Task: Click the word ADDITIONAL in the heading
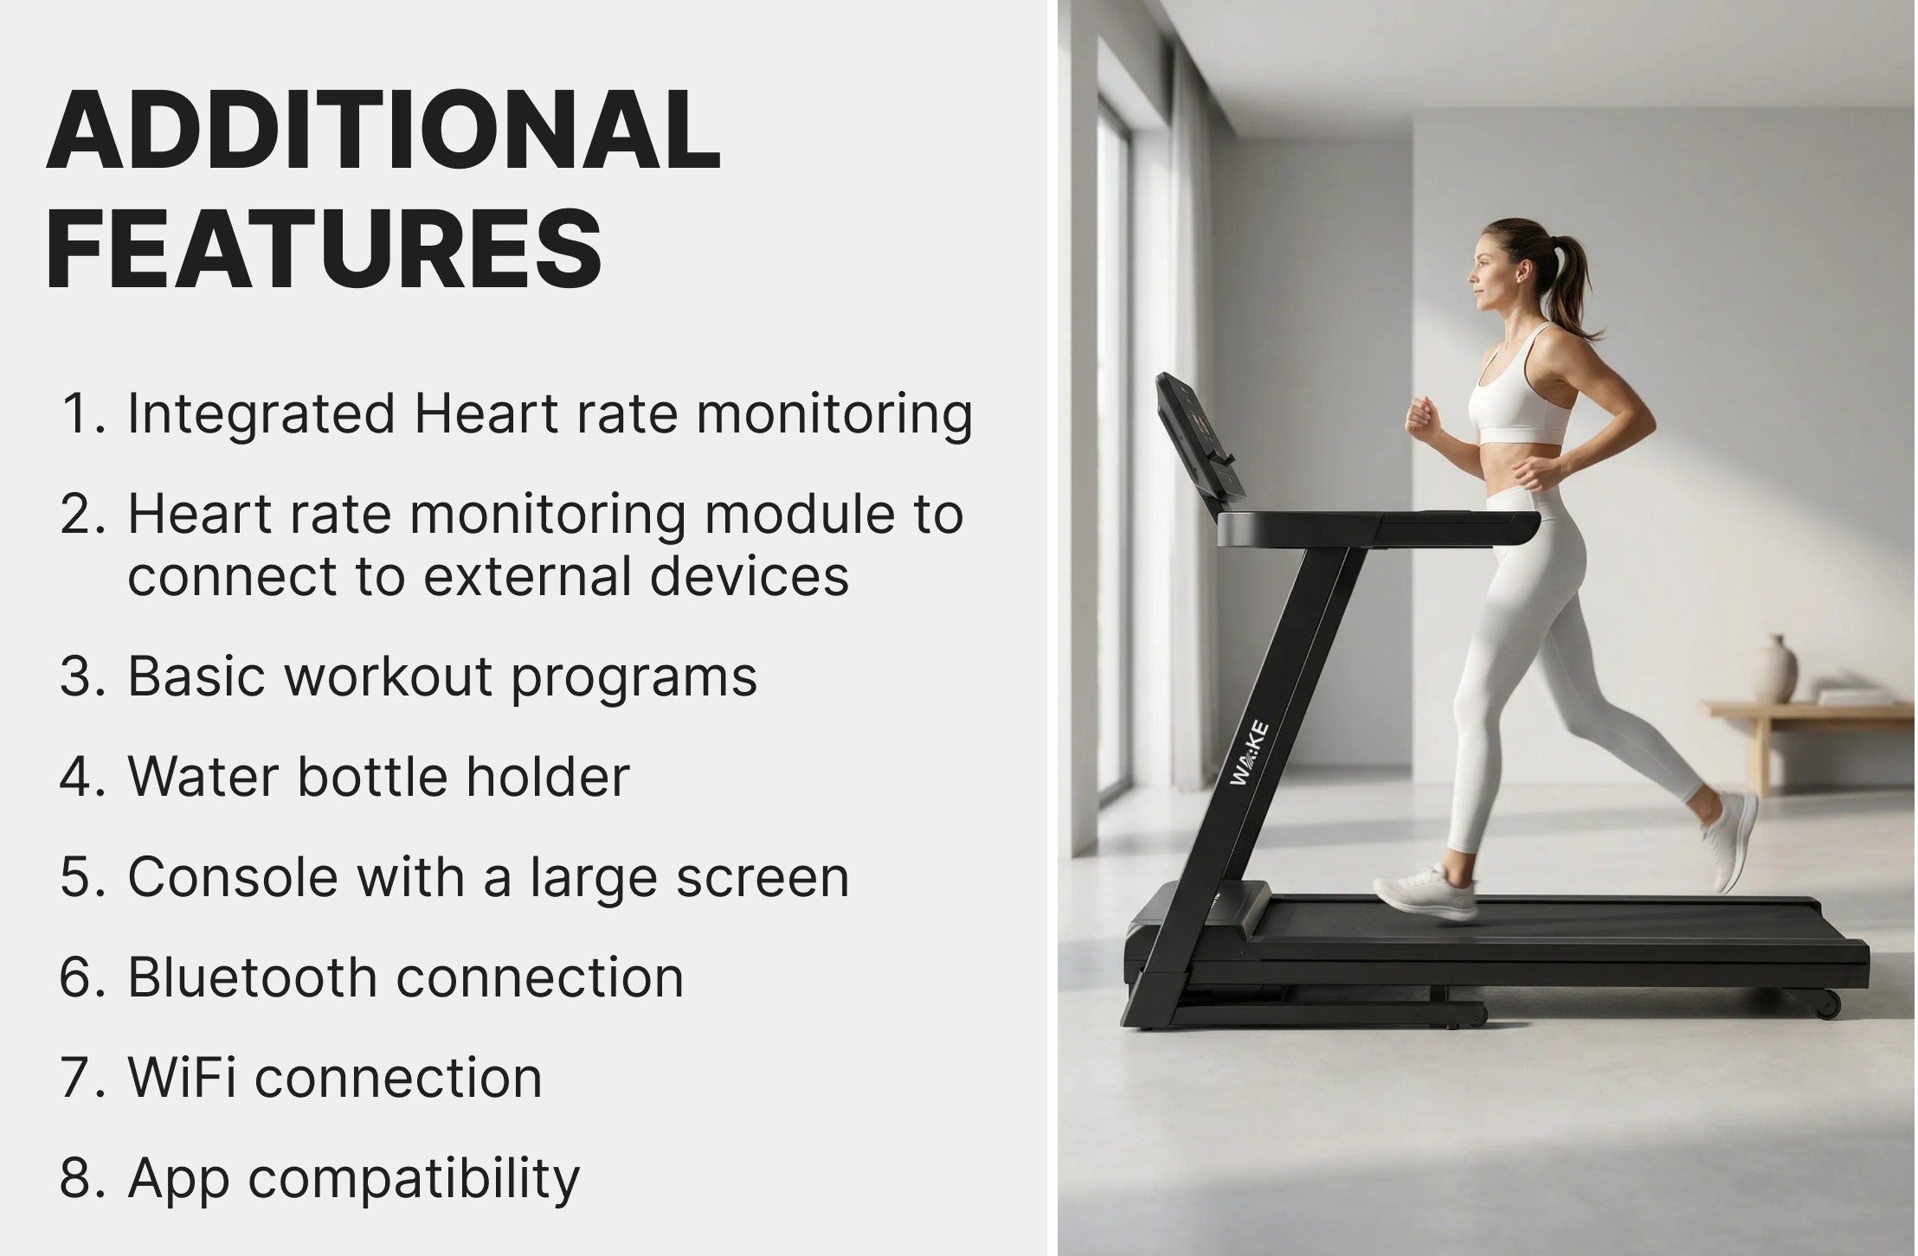(x=384, y=130)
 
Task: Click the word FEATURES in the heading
(x=325, y=249)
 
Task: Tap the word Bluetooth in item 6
(x=253, y=977)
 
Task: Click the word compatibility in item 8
(x=414, y=1180)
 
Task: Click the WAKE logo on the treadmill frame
(x=1250, y=753)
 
